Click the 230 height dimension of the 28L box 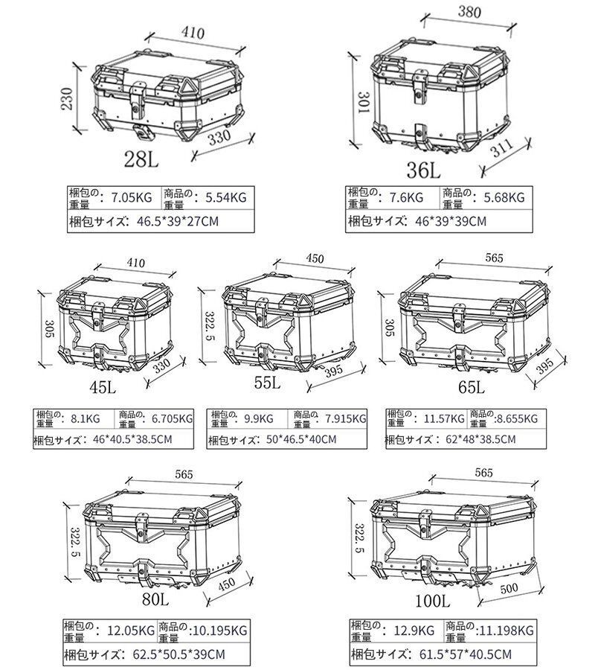coord(67,98)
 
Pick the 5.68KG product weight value coord(504,197)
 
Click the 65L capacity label coord(471,388)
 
